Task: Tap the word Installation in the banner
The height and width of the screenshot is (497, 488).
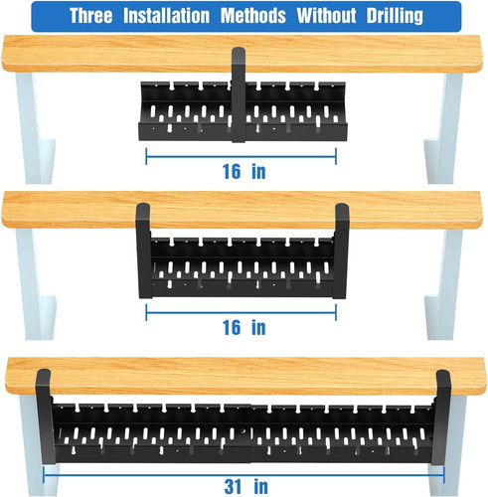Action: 188,16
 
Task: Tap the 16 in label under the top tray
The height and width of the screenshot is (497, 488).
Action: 244,171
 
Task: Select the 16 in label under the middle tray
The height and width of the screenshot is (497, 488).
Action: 244,326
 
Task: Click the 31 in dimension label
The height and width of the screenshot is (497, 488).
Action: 244,485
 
